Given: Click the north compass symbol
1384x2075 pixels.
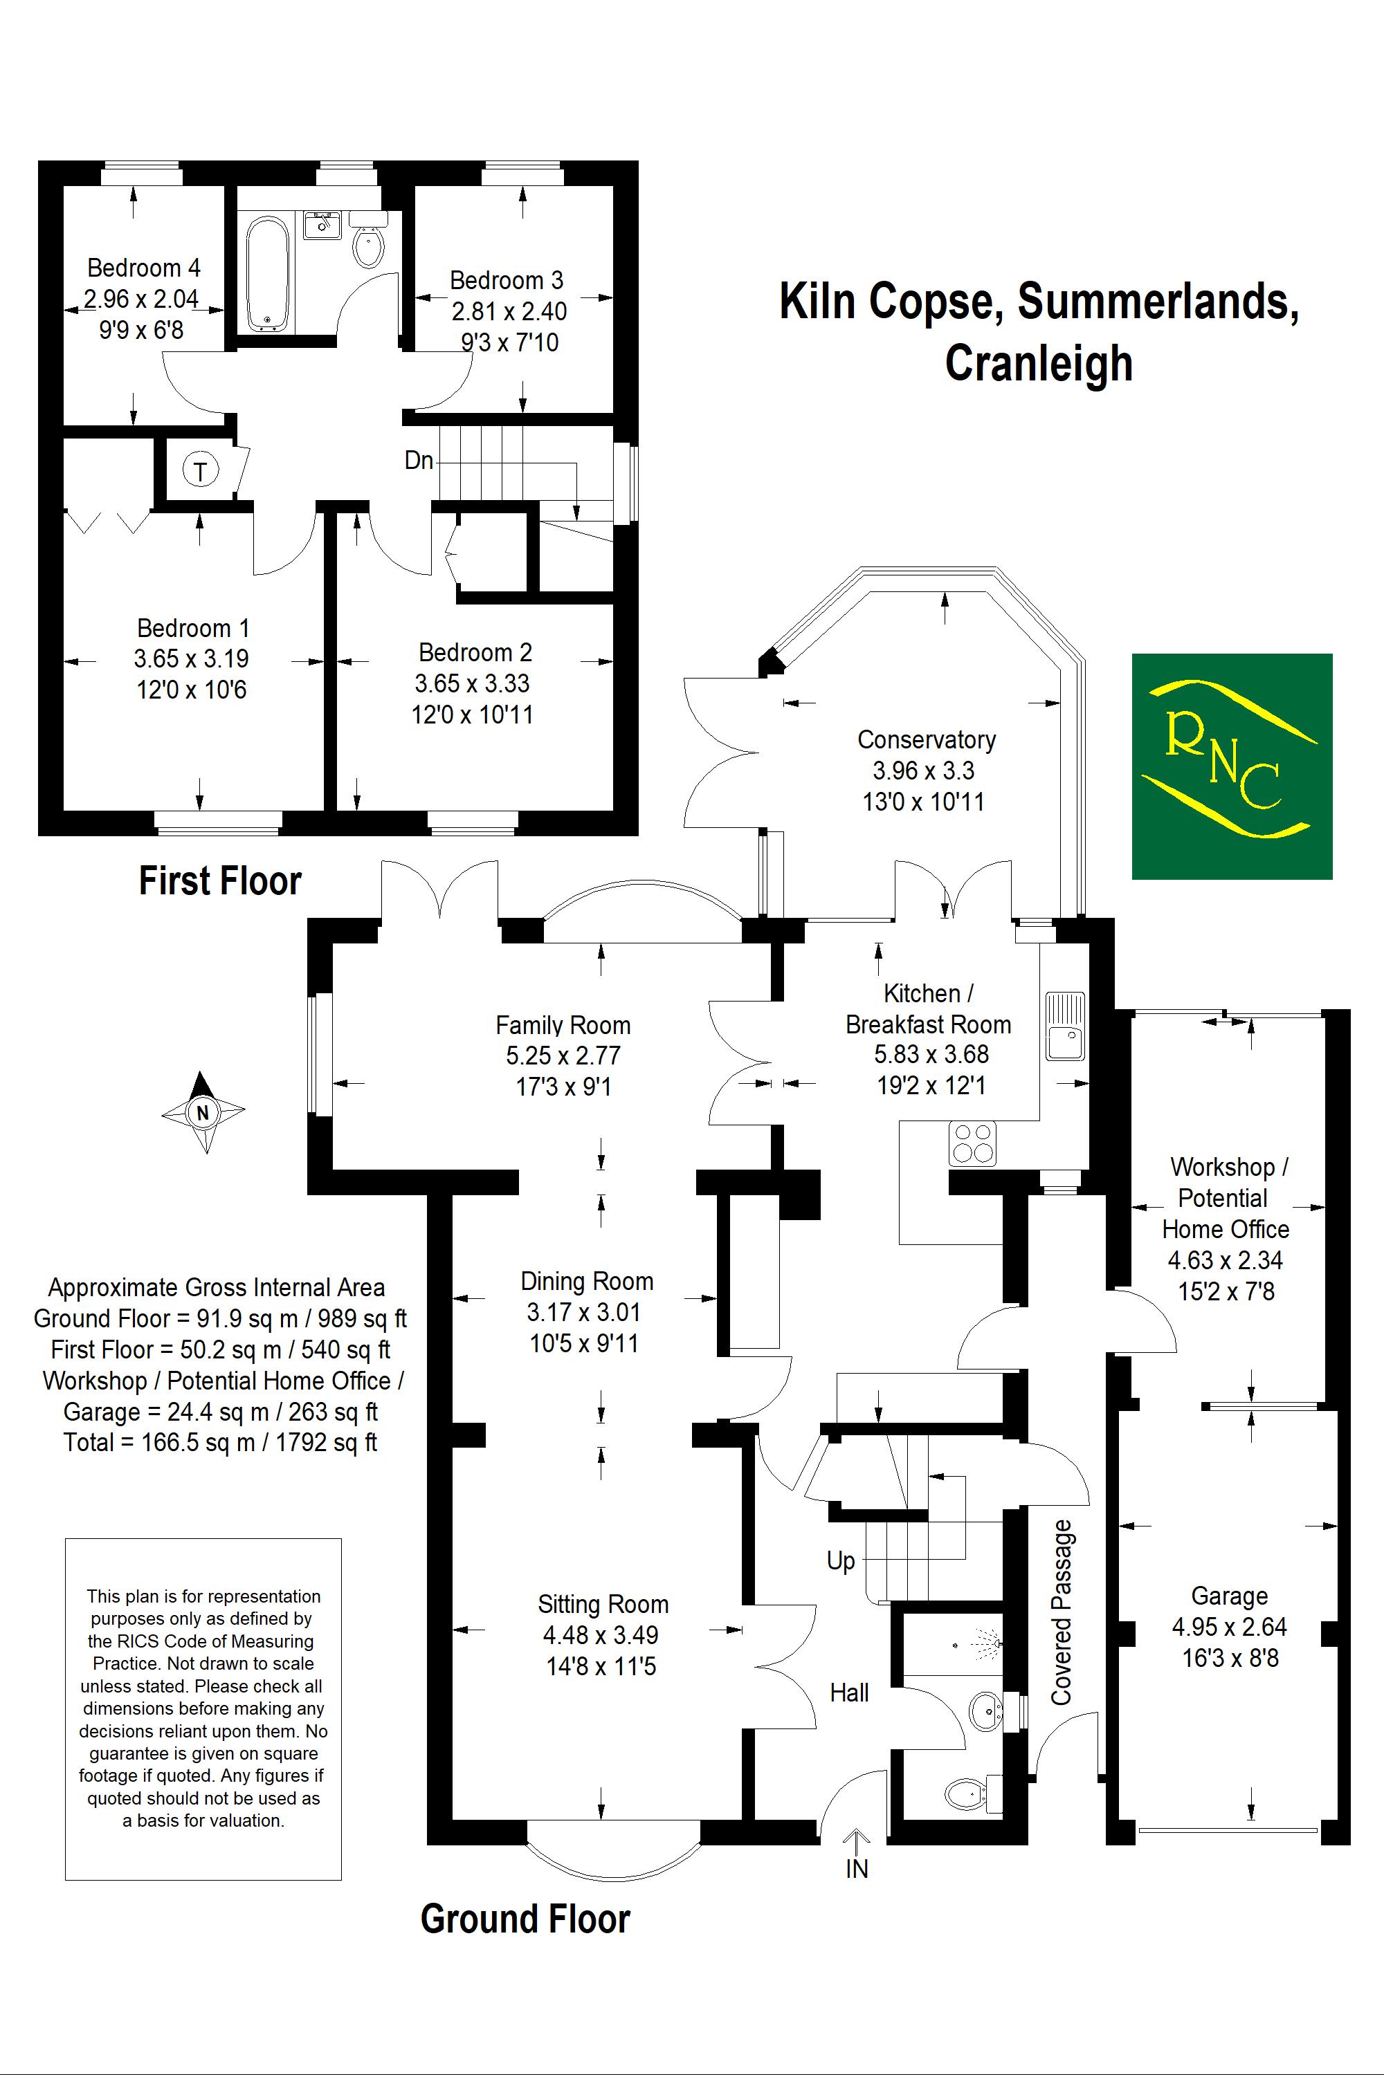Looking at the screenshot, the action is tap(203, 1112).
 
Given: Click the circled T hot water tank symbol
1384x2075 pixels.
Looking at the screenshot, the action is tap(201, 471).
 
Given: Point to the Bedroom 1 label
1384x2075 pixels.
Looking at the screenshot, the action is tap(193, 628).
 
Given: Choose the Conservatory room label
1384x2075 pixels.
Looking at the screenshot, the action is tap(927, 739).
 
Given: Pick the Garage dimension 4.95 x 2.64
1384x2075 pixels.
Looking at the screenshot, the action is tap(1230, 1626).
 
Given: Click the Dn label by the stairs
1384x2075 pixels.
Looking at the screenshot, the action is tap(419, 460).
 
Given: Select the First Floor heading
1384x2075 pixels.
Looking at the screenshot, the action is tap(221, 880).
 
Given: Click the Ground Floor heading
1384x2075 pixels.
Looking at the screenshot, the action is tap(525, 1919).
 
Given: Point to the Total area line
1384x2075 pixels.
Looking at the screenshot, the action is tap(220, 1442).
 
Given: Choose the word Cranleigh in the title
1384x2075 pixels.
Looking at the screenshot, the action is tap(1039, 364).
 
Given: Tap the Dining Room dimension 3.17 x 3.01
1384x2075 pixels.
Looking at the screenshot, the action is tap(583, 1312).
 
